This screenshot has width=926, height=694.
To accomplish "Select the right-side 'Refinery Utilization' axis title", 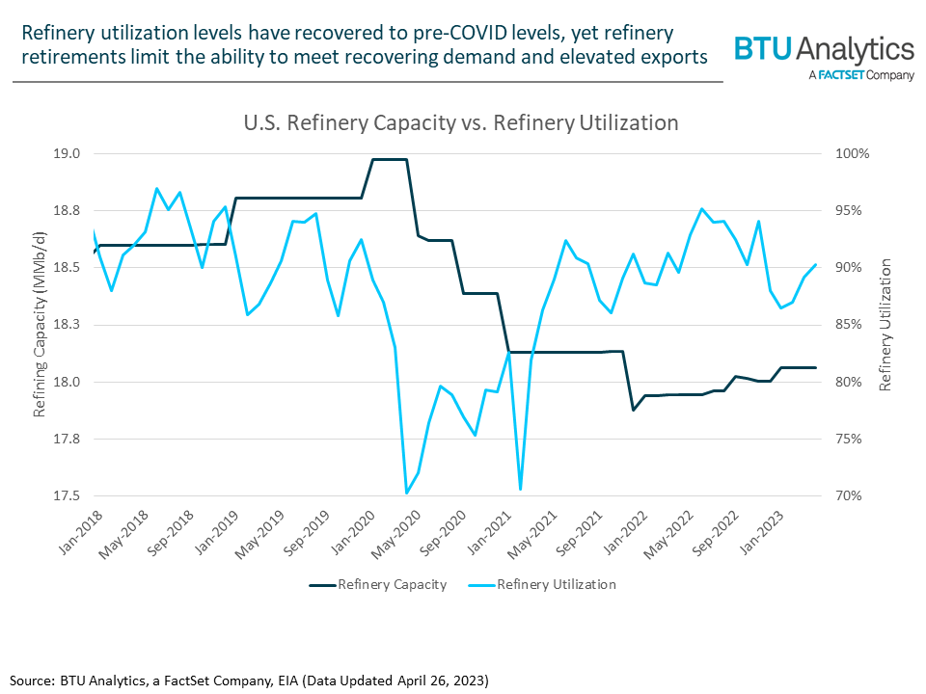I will click(885, 325).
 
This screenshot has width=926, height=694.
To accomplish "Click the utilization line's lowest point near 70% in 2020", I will click(406, 494).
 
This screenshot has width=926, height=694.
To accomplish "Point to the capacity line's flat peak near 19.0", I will click(390, 159).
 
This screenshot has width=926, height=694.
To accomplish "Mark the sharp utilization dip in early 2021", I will click(520, 489).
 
